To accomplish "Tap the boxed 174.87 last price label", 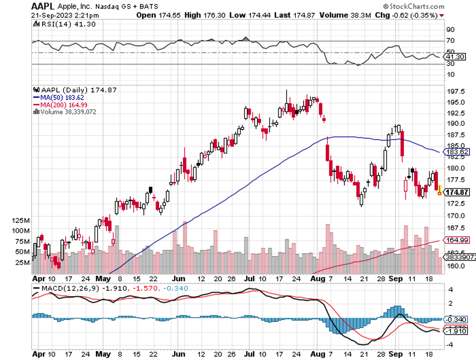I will coord(458,193).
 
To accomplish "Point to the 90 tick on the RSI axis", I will coord(450,30).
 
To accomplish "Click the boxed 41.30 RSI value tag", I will coord(458,57).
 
